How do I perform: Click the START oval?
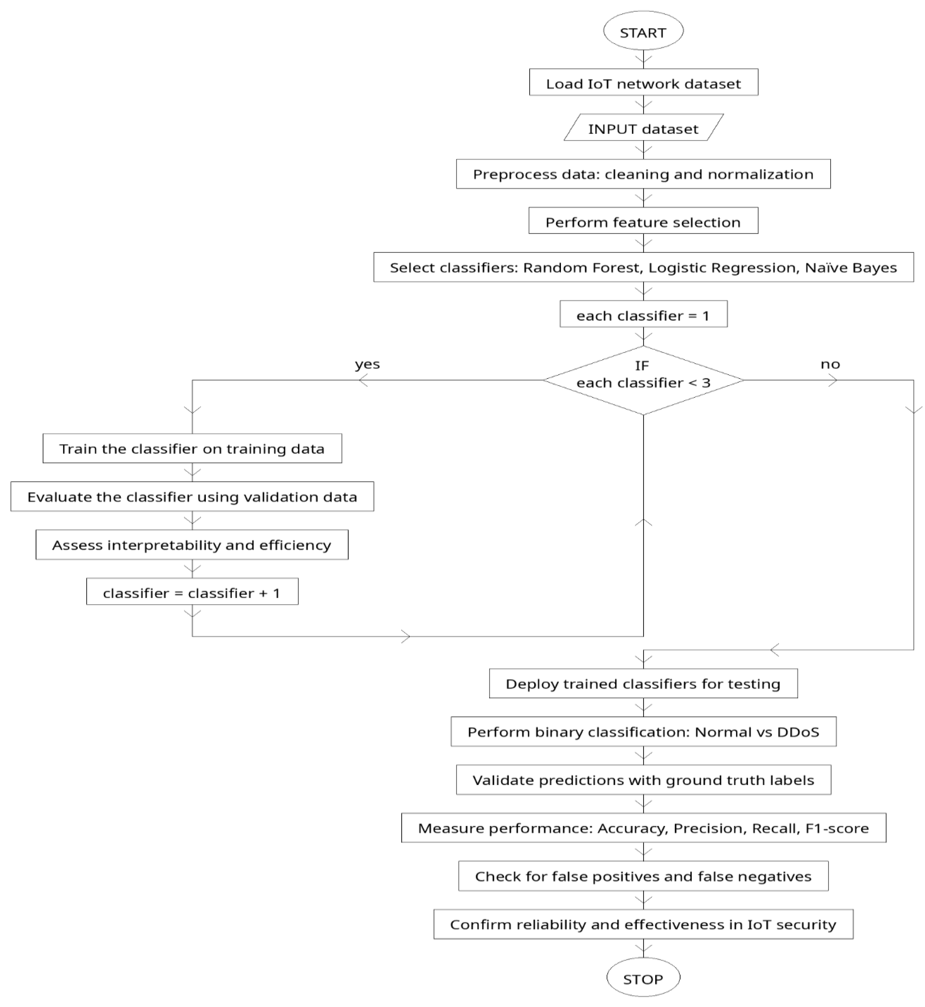pyautogui.click(x=643, y=32)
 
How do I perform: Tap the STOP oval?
pyautogui.click(x=643, y=978)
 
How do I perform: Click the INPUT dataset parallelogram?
pyautogui.click(x=643, y=128)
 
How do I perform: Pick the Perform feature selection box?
pyautogui.click(x=643, y=221)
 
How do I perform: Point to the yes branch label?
pyautogui.click(x=367, y=364)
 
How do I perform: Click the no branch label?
pyautogui.click(x=830, y=364)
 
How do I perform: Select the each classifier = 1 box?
pyautogui.click(x=643, y=315)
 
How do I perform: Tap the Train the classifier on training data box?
pyautogui.click(x=192, y=449)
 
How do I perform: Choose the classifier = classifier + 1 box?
pyautogui.click(x=192, y=592)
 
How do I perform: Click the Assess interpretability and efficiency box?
pyautogui.click(x=192, y=545)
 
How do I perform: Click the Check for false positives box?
pyautogui.click(x=643, y=876)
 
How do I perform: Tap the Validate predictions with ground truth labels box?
pyautogui.click(x=643, y=780)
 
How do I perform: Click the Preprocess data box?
pyautogui.click(x=643, y=174)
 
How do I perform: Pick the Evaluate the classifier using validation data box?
pyautogui.click(x=192, y=497)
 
